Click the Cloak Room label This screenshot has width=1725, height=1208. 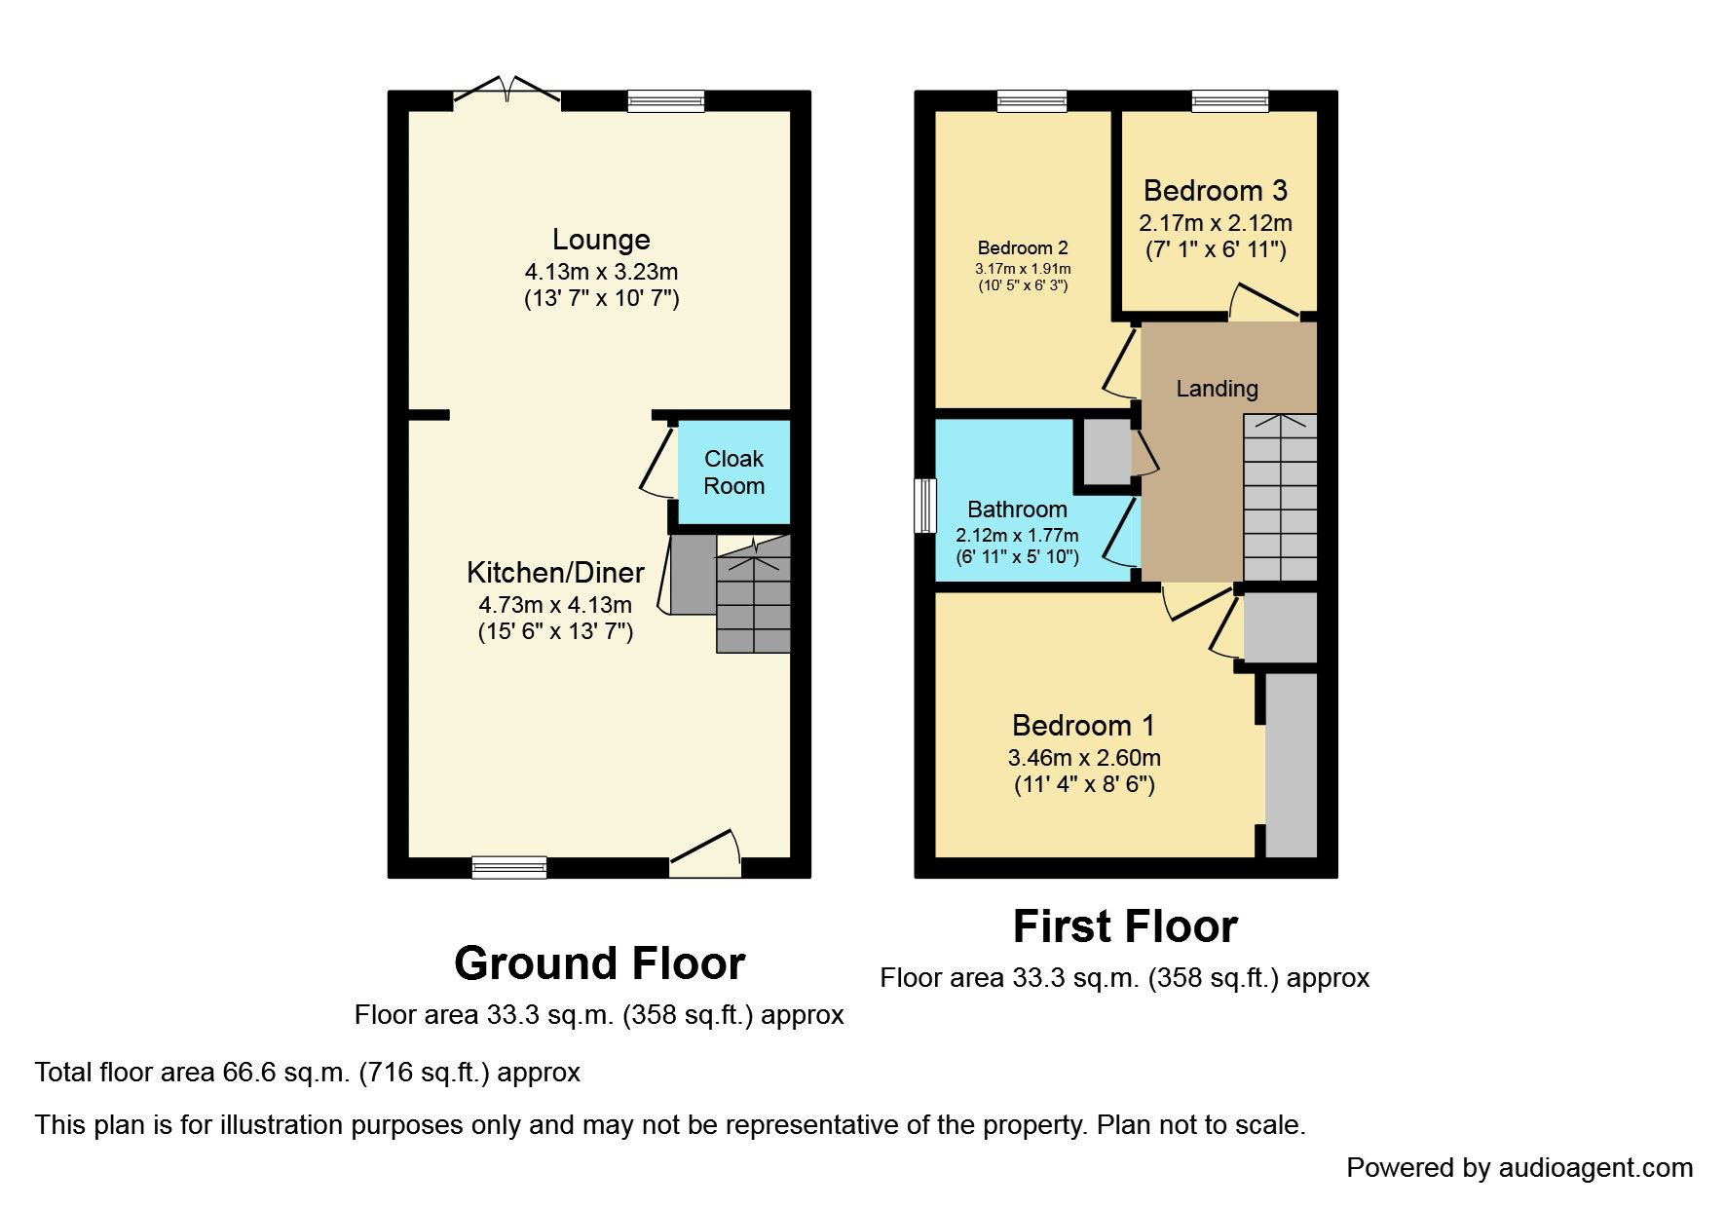(x=733, y=472)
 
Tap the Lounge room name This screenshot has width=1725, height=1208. (x=601, y=240)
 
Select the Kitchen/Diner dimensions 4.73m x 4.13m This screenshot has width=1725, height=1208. (x=555, y=605)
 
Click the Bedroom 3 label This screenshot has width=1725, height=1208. (x=1215, y=191)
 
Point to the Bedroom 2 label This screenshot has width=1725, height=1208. (x=1023, y=248)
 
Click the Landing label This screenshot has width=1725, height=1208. (x=1217, y=389)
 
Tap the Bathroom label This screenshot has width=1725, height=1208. (x=1017, y=510)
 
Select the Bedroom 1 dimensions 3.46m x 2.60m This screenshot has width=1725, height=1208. (x=1084, y=758)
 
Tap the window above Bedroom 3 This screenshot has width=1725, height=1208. (x=1229, y=100)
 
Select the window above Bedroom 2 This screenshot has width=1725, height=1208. (x=1031, y=100)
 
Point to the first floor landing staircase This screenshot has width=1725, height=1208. (x=1280, y=497)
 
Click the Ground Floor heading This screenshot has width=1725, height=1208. (x=599, y=963)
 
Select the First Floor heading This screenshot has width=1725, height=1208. (x=1125, y=925)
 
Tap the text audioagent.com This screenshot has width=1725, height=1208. (x=1594, y=1167)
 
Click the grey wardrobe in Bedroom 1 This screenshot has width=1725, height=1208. (x=1291, y=765)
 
